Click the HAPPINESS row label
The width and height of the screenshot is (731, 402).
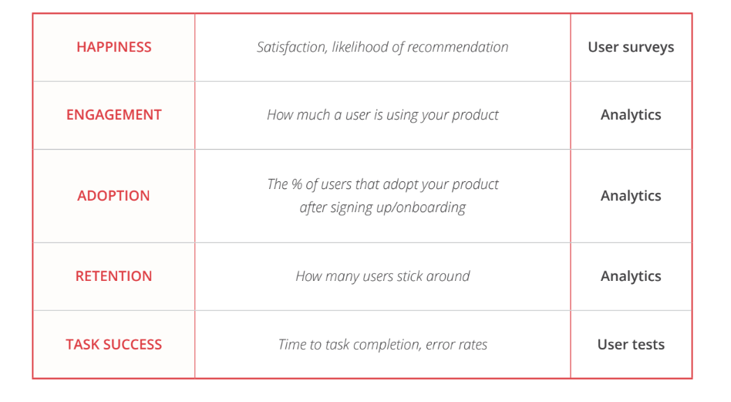(x=114, y=47)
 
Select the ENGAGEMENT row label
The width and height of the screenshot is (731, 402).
(x=114, y=115)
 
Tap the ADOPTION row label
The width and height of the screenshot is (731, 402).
(x=114, y=196)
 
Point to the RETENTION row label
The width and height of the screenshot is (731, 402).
(x=114, y=276)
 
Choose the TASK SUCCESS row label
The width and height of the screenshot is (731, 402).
(x=114, y=345)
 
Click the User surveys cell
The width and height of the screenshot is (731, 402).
(x=631, y=47)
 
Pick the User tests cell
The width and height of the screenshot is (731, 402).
(x=631, y=345)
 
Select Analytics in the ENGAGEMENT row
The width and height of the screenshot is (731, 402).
(x=631, y=115)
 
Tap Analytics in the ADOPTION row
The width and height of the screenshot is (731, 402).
(x=631, y=196)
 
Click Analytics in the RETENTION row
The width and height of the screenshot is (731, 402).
(x=631, y=276)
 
